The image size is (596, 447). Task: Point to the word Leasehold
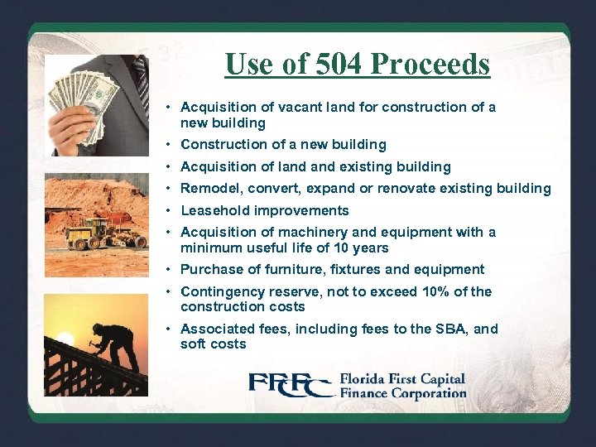pos(214,210)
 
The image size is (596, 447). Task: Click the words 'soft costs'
pos(213,344)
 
